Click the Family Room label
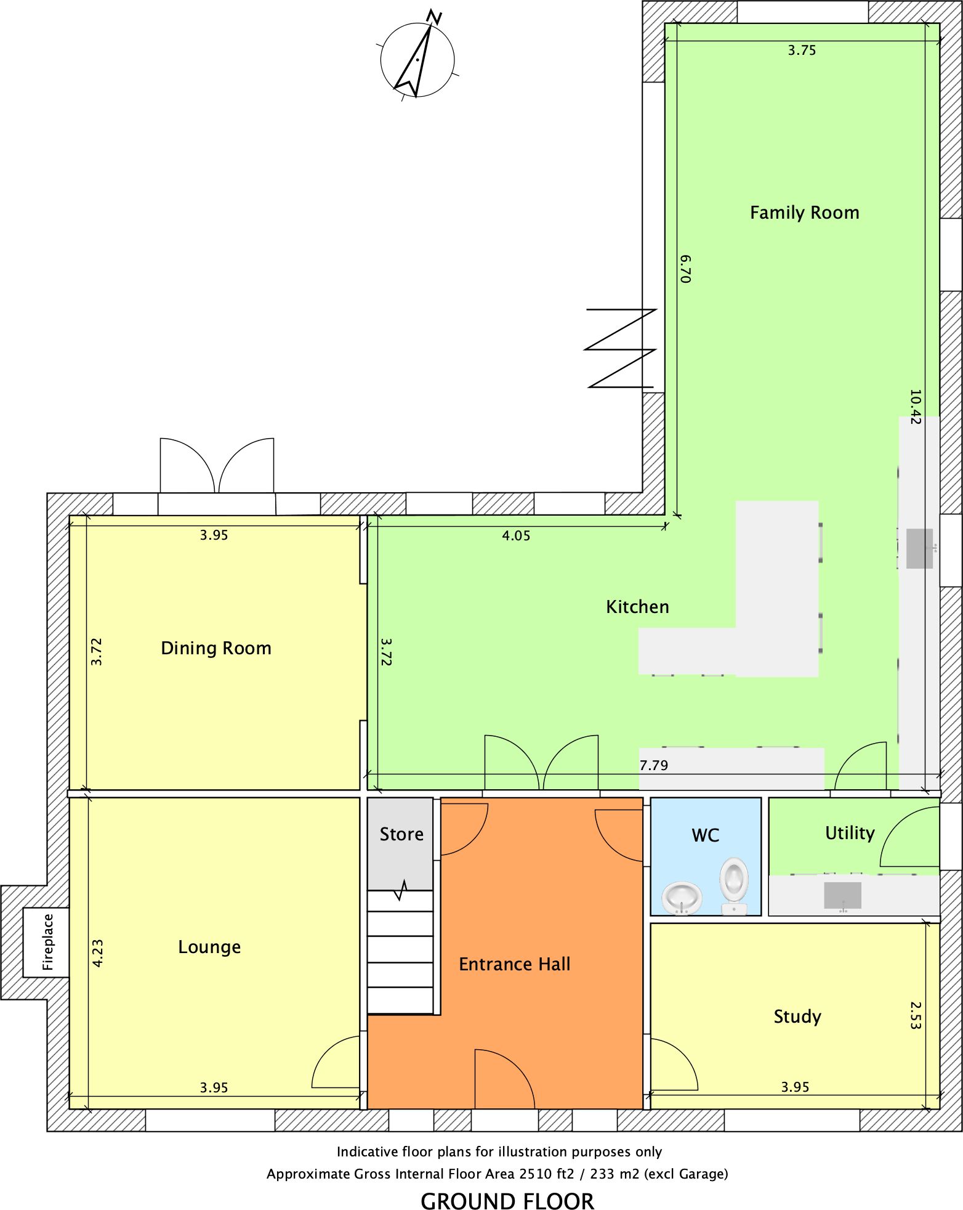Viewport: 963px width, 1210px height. coord(804,213)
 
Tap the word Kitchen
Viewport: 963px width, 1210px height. coord(637,607)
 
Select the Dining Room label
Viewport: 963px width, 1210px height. coord(216,648)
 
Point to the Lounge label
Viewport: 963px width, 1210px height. coord(209,947)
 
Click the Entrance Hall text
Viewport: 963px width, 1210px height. coord(515,964)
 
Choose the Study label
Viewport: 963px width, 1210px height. coord(797,1017)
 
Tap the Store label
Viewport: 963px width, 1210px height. coord(401,834)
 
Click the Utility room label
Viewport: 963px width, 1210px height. coord(850,833)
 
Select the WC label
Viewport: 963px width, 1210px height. coord(706,835)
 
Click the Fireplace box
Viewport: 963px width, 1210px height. coord(46,942)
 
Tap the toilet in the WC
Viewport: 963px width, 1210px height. coord(734,886)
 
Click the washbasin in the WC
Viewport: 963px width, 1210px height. coord(682,898)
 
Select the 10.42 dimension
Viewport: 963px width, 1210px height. coord(915,407)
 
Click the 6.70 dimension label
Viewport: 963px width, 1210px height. coord(686,269)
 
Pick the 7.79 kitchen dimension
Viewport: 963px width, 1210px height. coord(653,765)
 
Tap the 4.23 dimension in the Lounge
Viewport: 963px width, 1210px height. coord(97,952)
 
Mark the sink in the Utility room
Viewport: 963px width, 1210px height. coord(843,896)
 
